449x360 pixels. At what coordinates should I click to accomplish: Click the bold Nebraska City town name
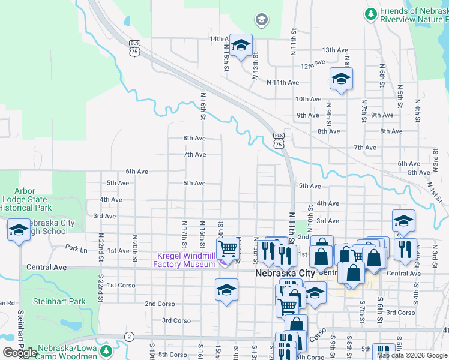pos(285,273)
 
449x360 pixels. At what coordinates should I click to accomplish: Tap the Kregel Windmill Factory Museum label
pos(184,260)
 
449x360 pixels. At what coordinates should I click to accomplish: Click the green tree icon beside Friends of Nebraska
pos(371,13)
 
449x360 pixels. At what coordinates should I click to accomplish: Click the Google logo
pos(20,353)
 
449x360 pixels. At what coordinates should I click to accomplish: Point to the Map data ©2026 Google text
pos(412,355)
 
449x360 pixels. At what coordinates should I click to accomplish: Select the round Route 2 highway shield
pos(128,336)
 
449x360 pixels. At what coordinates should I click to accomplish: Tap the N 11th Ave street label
pos(283,82)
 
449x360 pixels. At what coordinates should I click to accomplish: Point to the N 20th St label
pos(135,244)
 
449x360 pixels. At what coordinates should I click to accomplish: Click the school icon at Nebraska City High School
pos(19,230)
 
